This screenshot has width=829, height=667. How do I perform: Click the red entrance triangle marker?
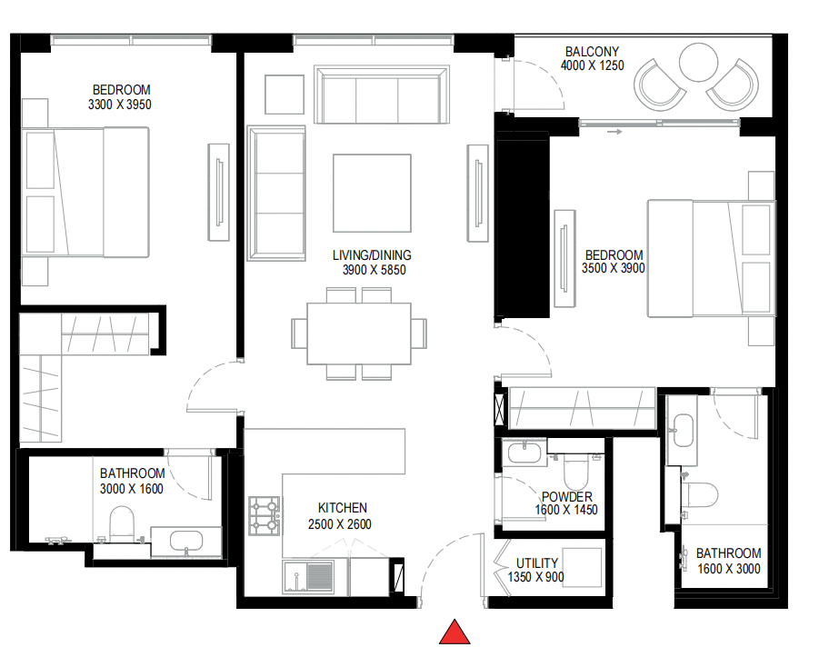tap(455, 632)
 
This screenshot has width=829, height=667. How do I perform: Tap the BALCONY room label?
tap(592, 52)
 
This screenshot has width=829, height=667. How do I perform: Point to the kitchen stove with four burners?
tap(264, 515)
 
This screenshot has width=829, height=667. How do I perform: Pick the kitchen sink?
tap(308, 576)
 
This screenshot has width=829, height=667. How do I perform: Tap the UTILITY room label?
tap(537, 562)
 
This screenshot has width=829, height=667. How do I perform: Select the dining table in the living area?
tap(360, 333)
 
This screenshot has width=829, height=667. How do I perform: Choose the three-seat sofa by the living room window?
tap(382, 95)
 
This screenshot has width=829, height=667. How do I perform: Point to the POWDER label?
tap(566, 497)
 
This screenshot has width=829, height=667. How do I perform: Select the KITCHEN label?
tap(342, 508)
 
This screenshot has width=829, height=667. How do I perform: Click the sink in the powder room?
tap(524, 452)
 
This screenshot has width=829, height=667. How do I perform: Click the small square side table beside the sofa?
tap(284, 92)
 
